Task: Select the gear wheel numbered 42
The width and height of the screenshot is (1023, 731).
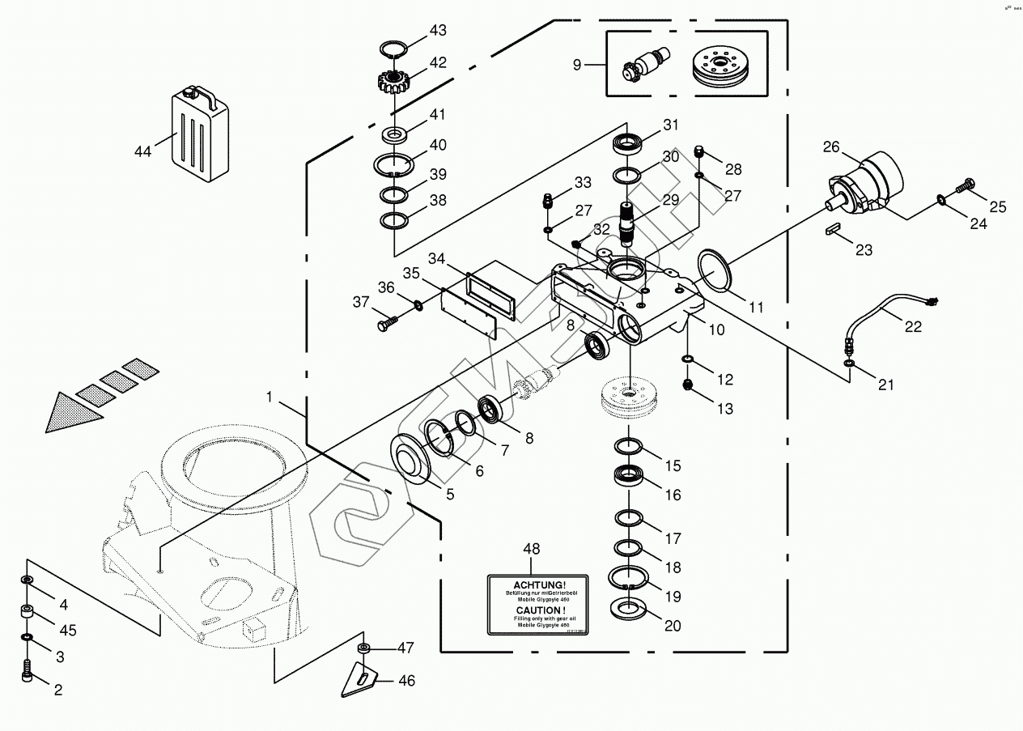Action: coord(394,82)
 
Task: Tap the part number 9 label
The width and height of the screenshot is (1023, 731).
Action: coord(577,65)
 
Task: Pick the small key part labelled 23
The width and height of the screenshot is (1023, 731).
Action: coord(831,230)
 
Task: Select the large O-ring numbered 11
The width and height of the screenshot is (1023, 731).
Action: coord(714,270)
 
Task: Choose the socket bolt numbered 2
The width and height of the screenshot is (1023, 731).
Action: coord(28,671)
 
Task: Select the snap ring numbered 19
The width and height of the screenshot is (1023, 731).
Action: coord(630,580)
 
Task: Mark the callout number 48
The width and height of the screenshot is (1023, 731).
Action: coord(531,550)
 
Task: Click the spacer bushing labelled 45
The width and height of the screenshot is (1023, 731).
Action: coord(28,612)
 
